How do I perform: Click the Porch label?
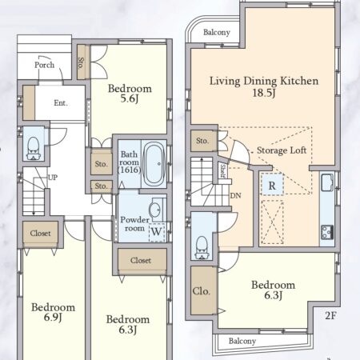click(44, 65)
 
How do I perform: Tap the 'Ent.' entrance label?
click(61, 102)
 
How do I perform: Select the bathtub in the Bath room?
click(154, 164)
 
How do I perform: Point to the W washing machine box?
click(157, 231)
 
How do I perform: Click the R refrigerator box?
click(272, 185)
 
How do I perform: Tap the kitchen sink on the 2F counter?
click(327, 182)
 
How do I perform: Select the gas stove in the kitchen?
click(327, 232)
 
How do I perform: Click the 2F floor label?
click(330, 315)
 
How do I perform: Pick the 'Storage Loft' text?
click(282, 150)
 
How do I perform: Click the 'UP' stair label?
click(53, 178)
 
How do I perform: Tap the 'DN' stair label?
click(235, 196)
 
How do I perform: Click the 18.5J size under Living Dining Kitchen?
click(264, 93)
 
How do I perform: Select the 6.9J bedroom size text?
click(53, 318)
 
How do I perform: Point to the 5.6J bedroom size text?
click(130, 98)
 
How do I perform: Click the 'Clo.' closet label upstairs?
click(202, 291)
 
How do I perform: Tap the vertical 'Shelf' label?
click(222, 170)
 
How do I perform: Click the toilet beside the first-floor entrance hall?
click(34, 149)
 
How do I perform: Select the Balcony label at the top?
click(217, 32)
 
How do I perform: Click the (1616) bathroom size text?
click(130, 170)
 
